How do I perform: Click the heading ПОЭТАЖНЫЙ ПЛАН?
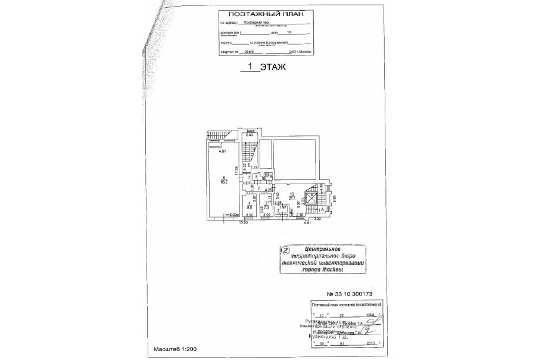coord(263,12)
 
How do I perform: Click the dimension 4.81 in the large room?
coord(223,153)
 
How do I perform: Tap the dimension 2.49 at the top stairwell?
coord(250,136)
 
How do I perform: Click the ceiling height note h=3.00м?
coord(231,215)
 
